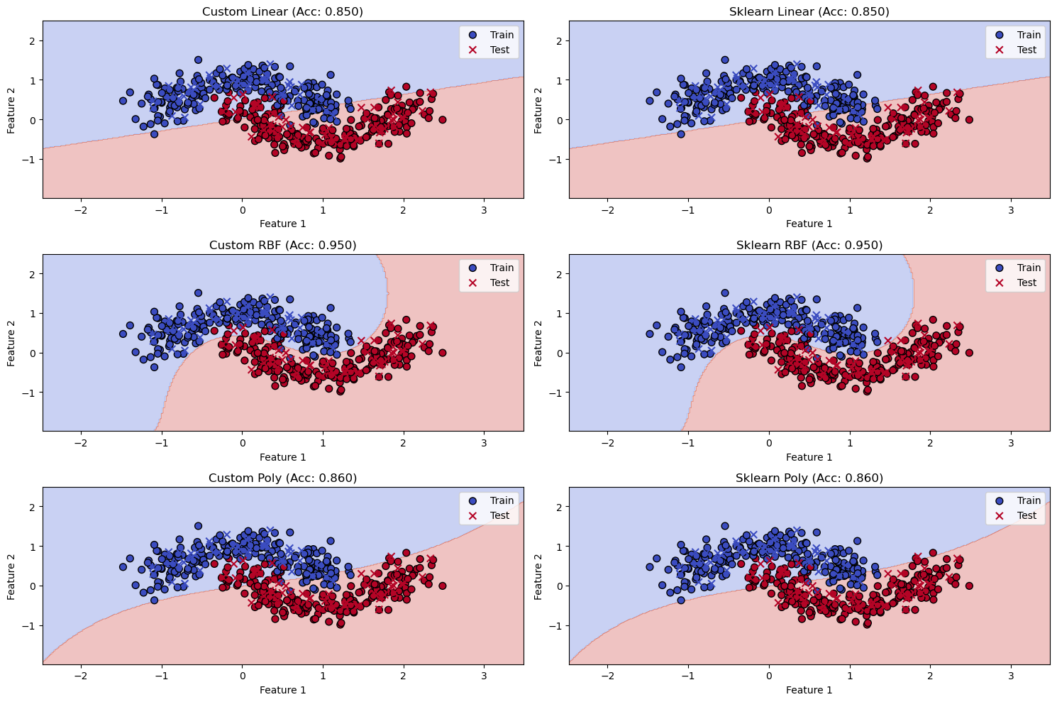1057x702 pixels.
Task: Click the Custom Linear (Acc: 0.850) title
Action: pos(282,11)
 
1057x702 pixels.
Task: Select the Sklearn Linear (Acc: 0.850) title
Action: pos(809,11)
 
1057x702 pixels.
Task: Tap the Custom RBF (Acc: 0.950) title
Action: pos(282,245)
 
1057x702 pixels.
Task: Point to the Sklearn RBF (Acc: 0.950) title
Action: pos(809,245)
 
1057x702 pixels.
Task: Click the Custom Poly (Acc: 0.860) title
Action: pos(282,478)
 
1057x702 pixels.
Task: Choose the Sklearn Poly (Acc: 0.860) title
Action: pos(809,478)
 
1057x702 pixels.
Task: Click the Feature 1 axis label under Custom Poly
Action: pos(282,690)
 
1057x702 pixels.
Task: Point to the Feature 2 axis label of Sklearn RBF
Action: pos(538,342)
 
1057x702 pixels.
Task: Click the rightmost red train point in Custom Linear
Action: pos(442,119)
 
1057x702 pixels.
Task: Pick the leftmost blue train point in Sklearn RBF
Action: pos(649,334)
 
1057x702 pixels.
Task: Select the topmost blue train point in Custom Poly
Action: pos(198,526)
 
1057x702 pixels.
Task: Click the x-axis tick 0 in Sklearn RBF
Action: pos(769,443)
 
